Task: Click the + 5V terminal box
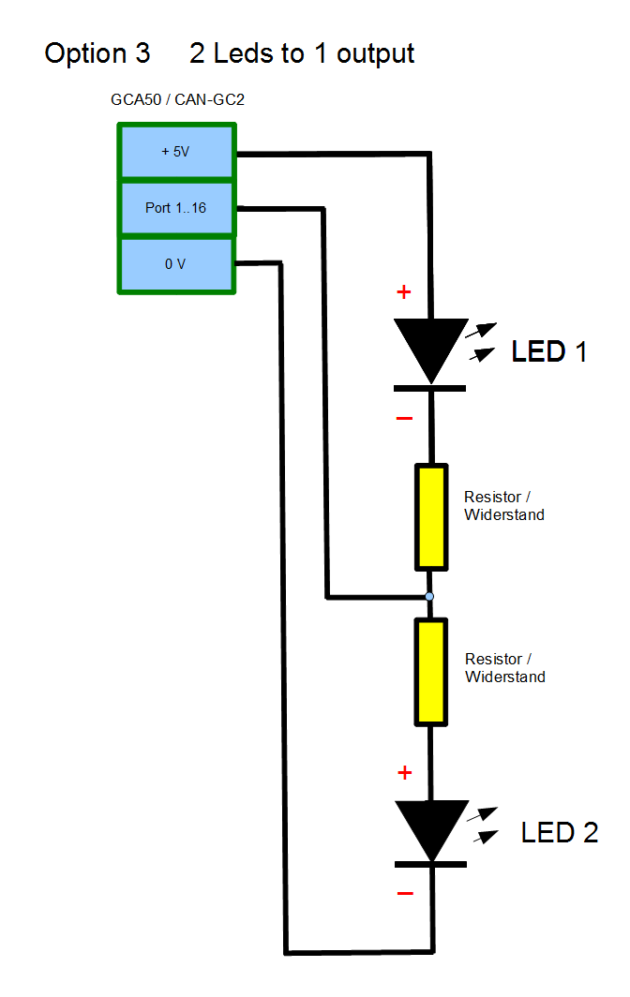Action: point(175,151)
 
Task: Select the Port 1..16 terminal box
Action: point(175,208)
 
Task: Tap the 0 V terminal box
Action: point(175,264)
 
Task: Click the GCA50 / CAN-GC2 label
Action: point(177,98)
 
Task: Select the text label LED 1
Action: point(549,352)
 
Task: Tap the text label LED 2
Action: point(560,832)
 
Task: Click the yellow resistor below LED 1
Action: point(430,517)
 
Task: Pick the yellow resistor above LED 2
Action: point(430,671)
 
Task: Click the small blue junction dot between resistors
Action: point(429,596)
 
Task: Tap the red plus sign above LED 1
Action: point(404,292)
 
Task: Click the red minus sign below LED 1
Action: point(404,418)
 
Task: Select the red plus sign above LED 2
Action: point(405,773)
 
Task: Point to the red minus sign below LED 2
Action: point(405,894)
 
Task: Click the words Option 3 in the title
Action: point(97,53)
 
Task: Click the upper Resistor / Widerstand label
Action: point(504,506)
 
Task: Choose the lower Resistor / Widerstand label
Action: point(504,668)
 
